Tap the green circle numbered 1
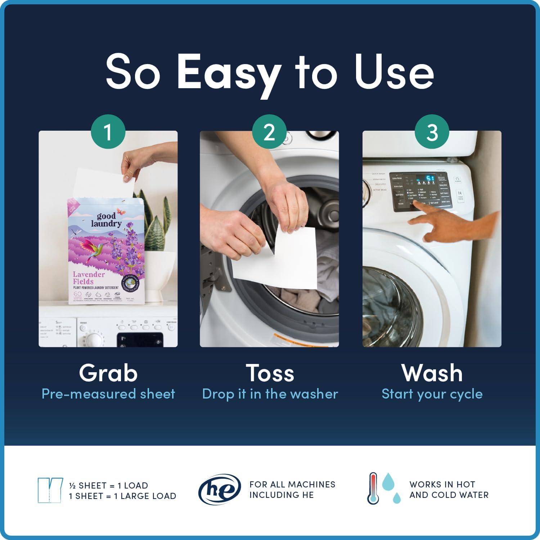tap(108, 132)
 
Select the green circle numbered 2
tap(269, 132)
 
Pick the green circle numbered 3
tap(432, 132)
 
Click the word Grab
tap(108, 373)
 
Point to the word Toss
tap(270, 373)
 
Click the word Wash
tap(432, 373)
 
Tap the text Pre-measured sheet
tap(108, 394)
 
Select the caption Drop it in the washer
tap(270, 394)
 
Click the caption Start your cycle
tap(432, 394)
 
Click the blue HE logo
tap(219, 490)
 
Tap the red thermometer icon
tap(373, 488)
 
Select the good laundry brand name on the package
tap(107, 220)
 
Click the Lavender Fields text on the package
tap(89, 278)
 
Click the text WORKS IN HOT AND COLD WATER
tap(449, 490)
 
